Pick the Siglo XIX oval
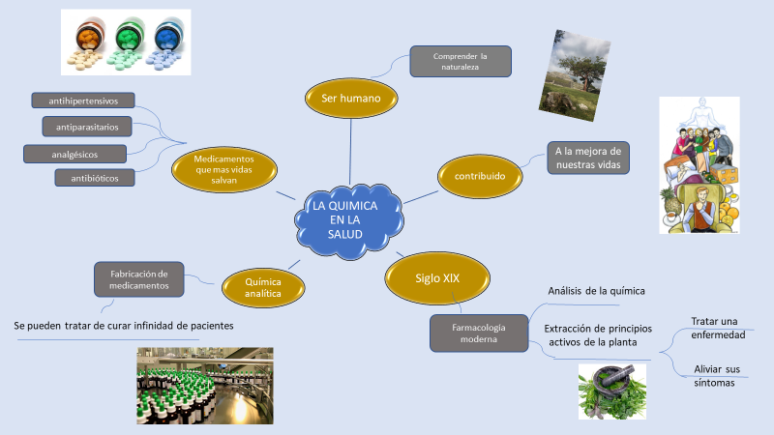tap(437, 278)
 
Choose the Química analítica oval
tap(264, 286)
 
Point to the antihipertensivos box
tap(83, 101)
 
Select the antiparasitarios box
tap(88, 127)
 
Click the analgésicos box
tap(74, 153)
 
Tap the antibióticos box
tap(95, 177)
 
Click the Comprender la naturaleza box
tap(460, 62)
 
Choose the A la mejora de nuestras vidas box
tap(588, 158)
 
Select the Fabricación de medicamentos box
tap(139, 278)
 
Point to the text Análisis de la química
tap(596, 290)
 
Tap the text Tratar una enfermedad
tap(718, 327)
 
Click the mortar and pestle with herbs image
tap(611, 391)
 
